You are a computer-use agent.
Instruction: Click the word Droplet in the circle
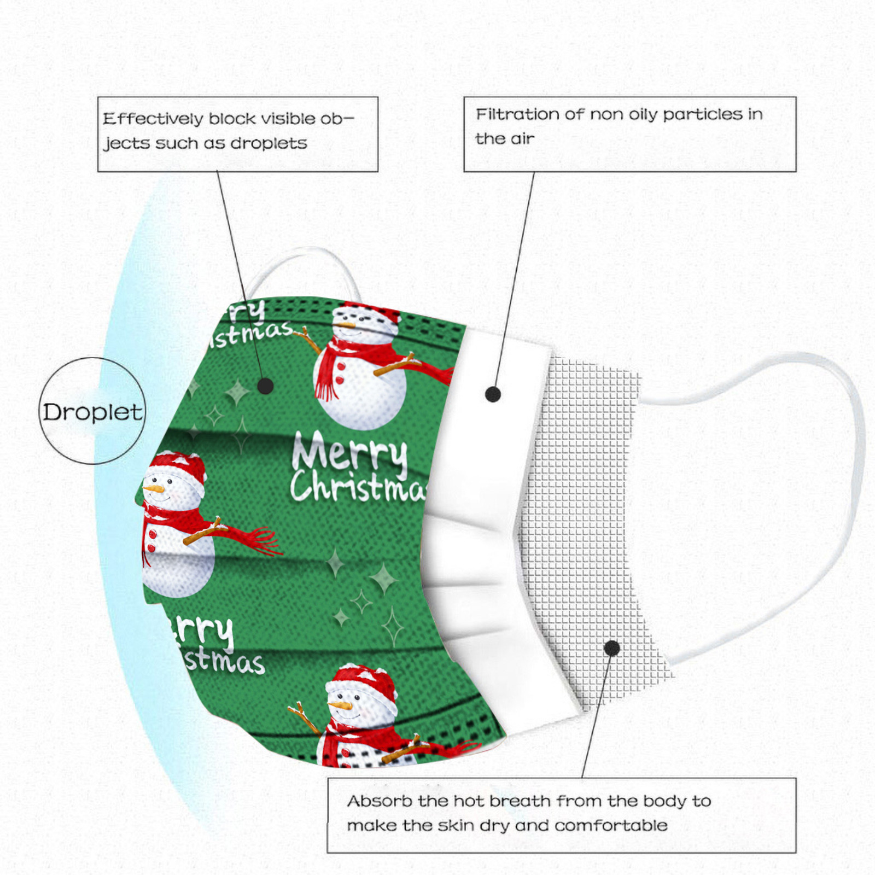point(92,412)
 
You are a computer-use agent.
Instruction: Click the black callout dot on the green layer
point(265,386)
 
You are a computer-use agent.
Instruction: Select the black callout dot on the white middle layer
point(493,394)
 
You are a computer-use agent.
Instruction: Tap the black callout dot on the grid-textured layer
point(612,649)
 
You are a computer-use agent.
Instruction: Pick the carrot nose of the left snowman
point(154,488)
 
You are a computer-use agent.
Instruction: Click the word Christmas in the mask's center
point(358,486)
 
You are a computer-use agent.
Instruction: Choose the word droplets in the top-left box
point(269,143)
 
